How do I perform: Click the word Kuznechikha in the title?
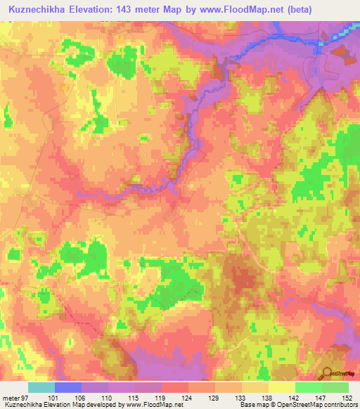(x=36, y=9)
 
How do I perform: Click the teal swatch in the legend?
(x=41, y=387)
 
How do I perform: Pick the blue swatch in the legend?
(x=68, y=387)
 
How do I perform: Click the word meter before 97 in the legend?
(x=12, y=398)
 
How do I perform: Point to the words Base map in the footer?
(x=250, y=405)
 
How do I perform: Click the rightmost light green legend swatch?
(x=335, y=387)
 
